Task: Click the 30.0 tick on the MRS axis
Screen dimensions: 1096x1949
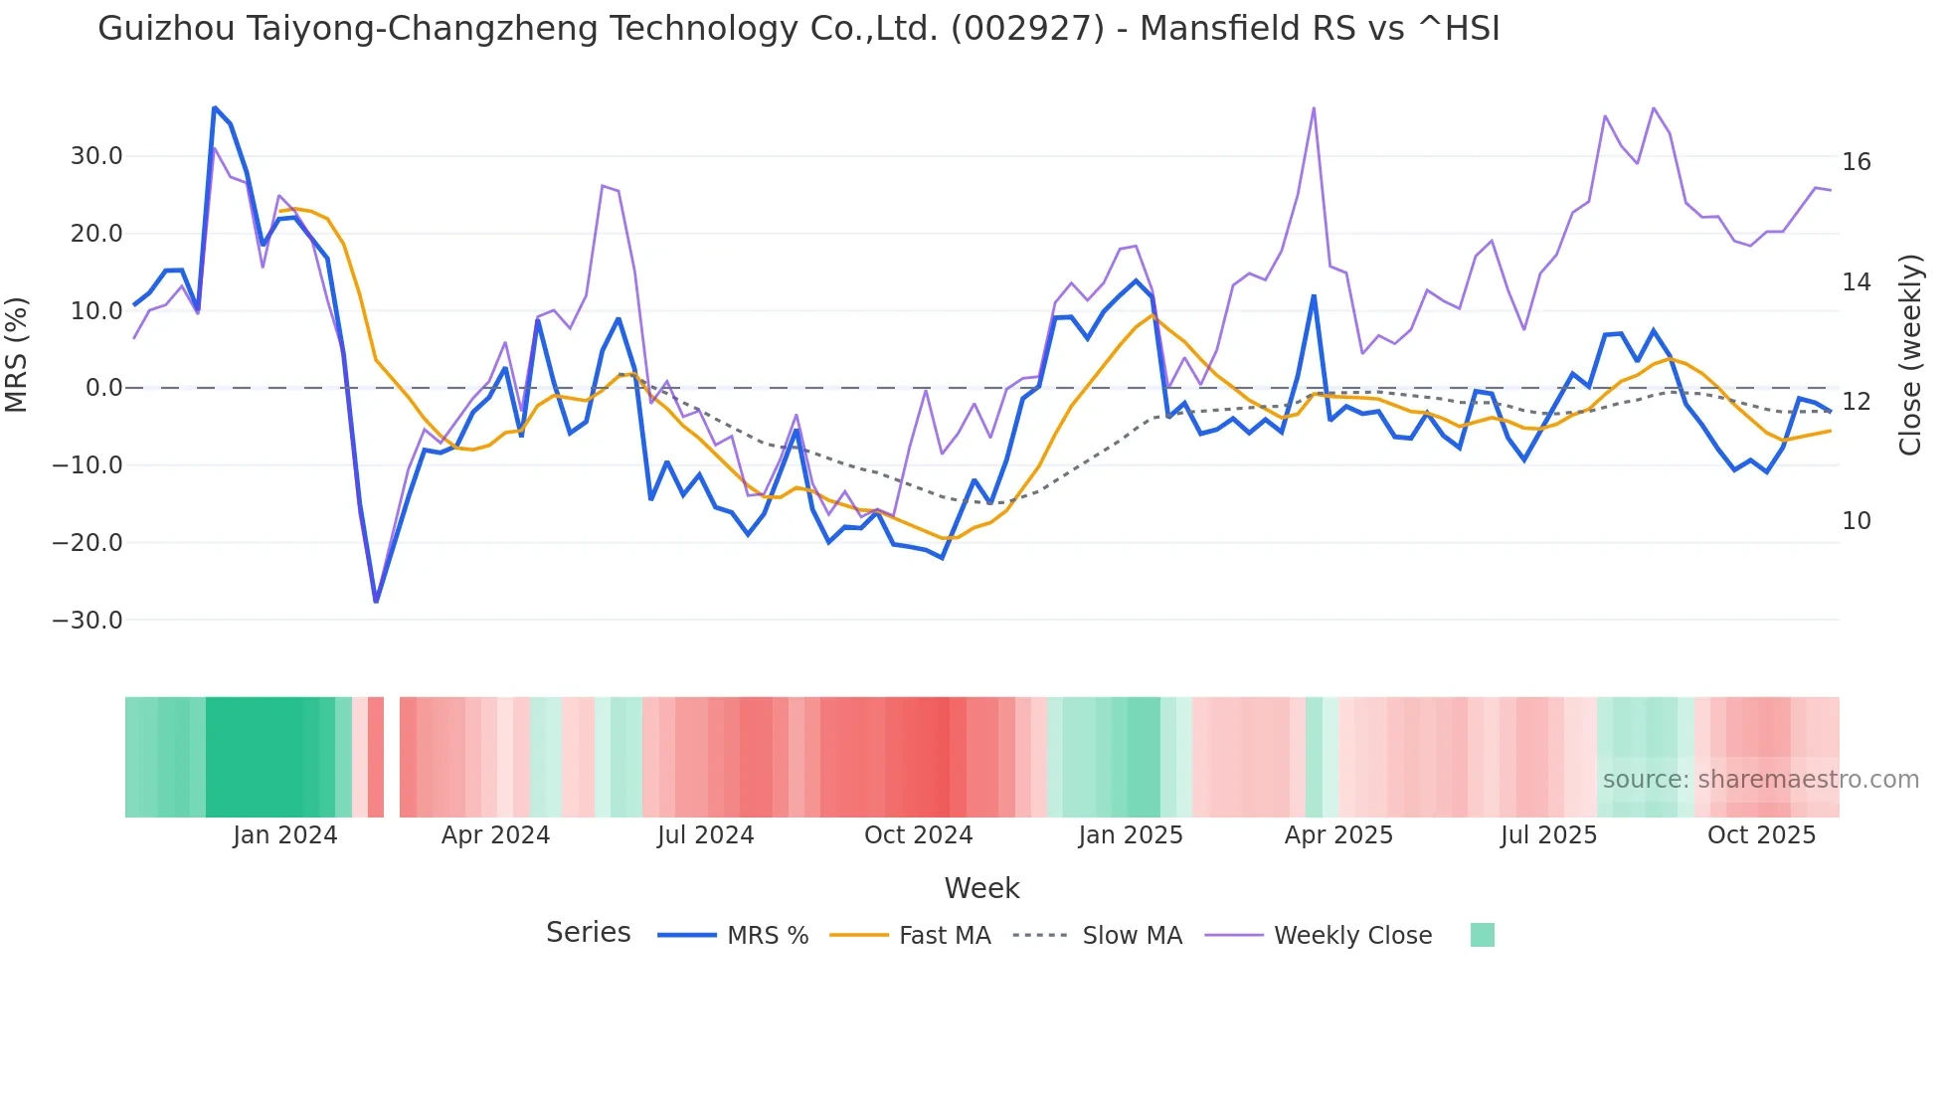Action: click(95, 156)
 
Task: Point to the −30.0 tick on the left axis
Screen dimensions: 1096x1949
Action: click(88, 621)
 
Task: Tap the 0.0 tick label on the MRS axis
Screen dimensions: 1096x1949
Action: click(103, 388)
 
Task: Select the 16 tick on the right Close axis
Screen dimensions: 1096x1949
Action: click(1856, 162)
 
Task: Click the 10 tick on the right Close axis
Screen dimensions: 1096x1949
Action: click(1856, 521)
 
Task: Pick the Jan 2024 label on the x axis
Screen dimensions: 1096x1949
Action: click(285, 835)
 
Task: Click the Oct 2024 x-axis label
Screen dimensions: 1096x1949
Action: click(918, 835)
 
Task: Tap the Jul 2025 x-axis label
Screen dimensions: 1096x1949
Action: click(1548, 835)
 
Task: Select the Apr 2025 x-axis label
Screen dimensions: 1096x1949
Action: click(1338, 835)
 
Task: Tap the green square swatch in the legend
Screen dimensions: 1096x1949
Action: click(1482, 935)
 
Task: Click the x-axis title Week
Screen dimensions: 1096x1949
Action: click(981, 888)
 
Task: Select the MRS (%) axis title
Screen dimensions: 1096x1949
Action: click(17, 354)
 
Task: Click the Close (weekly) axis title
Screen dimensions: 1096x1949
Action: click(1910, 354)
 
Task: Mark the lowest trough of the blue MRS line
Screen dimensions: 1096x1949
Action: click(376, 602)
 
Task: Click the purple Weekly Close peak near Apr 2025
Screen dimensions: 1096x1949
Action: click(1314, 108)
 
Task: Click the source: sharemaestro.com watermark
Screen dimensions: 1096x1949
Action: click(1760, 780)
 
